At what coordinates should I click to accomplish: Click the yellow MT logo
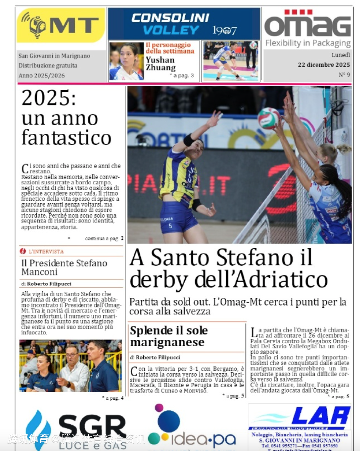tap(61, 25)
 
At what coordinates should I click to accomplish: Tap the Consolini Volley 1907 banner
tap(184, 24)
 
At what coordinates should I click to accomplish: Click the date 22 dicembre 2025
tap(324, 65)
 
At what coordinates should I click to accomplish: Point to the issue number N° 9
tap(344, 75)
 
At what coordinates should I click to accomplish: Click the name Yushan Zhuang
tap(161, 64)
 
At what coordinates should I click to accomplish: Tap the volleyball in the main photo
tap(269, 118)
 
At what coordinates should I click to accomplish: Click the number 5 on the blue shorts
tap(170, 226)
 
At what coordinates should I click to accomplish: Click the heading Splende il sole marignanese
tap(167, 336)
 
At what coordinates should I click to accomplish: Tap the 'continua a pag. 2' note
tap(104, 239)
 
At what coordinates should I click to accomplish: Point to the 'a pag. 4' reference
tap(114, 398)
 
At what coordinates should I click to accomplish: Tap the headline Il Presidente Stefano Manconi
tap(64, 267)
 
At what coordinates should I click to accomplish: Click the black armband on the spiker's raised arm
tap(188, 140)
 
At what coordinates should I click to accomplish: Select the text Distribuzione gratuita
tap(48, 65)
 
